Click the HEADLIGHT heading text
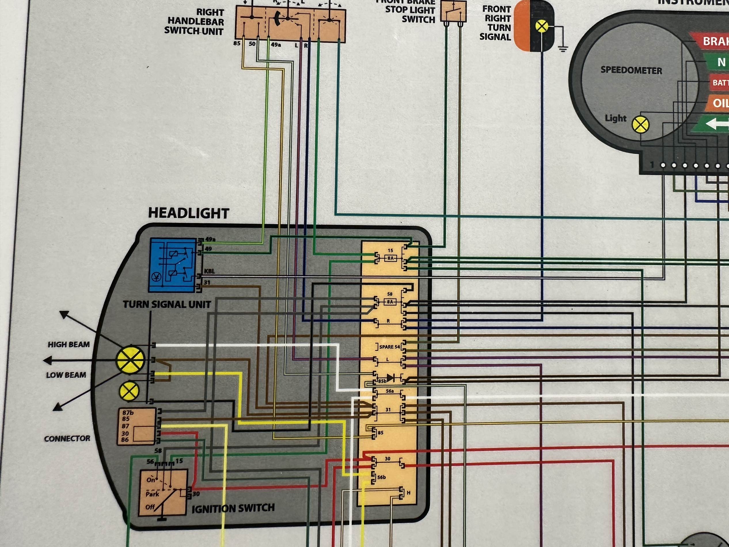tap(189, 213)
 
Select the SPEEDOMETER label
tap(631, 70)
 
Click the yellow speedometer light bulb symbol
tap(640, 125)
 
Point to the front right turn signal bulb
tap(541, 26)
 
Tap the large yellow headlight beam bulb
tap(130, 360)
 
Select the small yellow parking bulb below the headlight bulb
tap(130, 391)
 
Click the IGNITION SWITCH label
tap(233, 508)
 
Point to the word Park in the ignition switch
tap(152, 494)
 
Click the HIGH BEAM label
tap(69, 345)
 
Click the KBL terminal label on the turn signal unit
tap(210, 271)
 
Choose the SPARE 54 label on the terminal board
tap(389, 347)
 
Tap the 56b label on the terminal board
tap(382, 477)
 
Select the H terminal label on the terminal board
tap(409, 493)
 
